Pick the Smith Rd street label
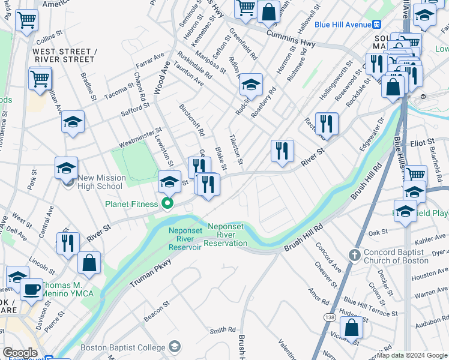pos(222,330)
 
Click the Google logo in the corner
pos(20,353)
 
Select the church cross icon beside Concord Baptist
pos(354,256)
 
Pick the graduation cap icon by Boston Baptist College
pos(175,347)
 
